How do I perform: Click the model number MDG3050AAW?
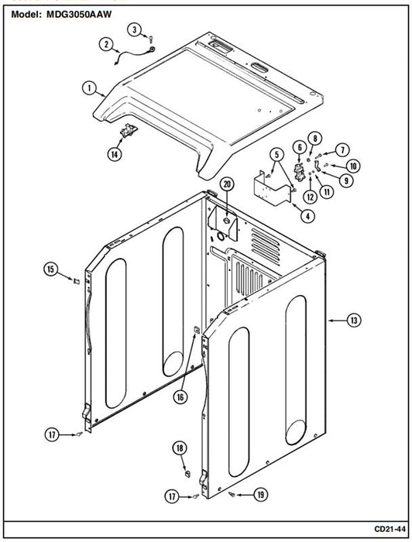pyautogui.click(x=79, y=15)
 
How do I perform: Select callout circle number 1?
pyautogui.click(x=89, y=87)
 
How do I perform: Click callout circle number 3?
pyautogui.click(x=135, y=29)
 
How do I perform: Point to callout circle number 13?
pyautogui.click(x=354, y=321)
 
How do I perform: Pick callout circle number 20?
pyautogui.click(x=227, y=184)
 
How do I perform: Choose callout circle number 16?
pyautogui.click(x=180, y=397)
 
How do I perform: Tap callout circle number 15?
pyautogui.click(x=51, y=269)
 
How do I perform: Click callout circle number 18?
pyautogui.click(x=180, y=448)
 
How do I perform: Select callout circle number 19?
pyautogui.click(x=261, y=495)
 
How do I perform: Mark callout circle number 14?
pyautogui.click(x=115, y=154)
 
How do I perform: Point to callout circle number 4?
pyautogui.click(x=307, y=216)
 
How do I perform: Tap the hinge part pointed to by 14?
pyautogui.click(x=129, y=130)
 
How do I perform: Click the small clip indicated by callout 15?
pyautogui.click(x=77, y=281)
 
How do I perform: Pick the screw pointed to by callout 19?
pyautogui.click(x=232, y=495)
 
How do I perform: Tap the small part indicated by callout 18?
pyautogui.click(x=187, y=473)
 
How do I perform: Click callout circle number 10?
pyautogui.click(x=353, y=166)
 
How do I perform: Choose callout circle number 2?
pyautogui.click(x=106, y=44)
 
